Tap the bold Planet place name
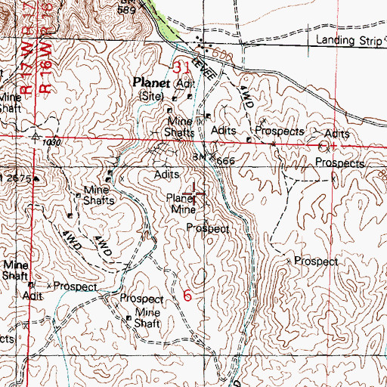[x=150, y=82]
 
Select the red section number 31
[x=181, y=68]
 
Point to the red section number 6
[x=187, y=296]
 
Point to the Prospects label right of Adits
[x=280, y=131]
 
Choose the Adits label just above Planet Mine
[x=166, y=175]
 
